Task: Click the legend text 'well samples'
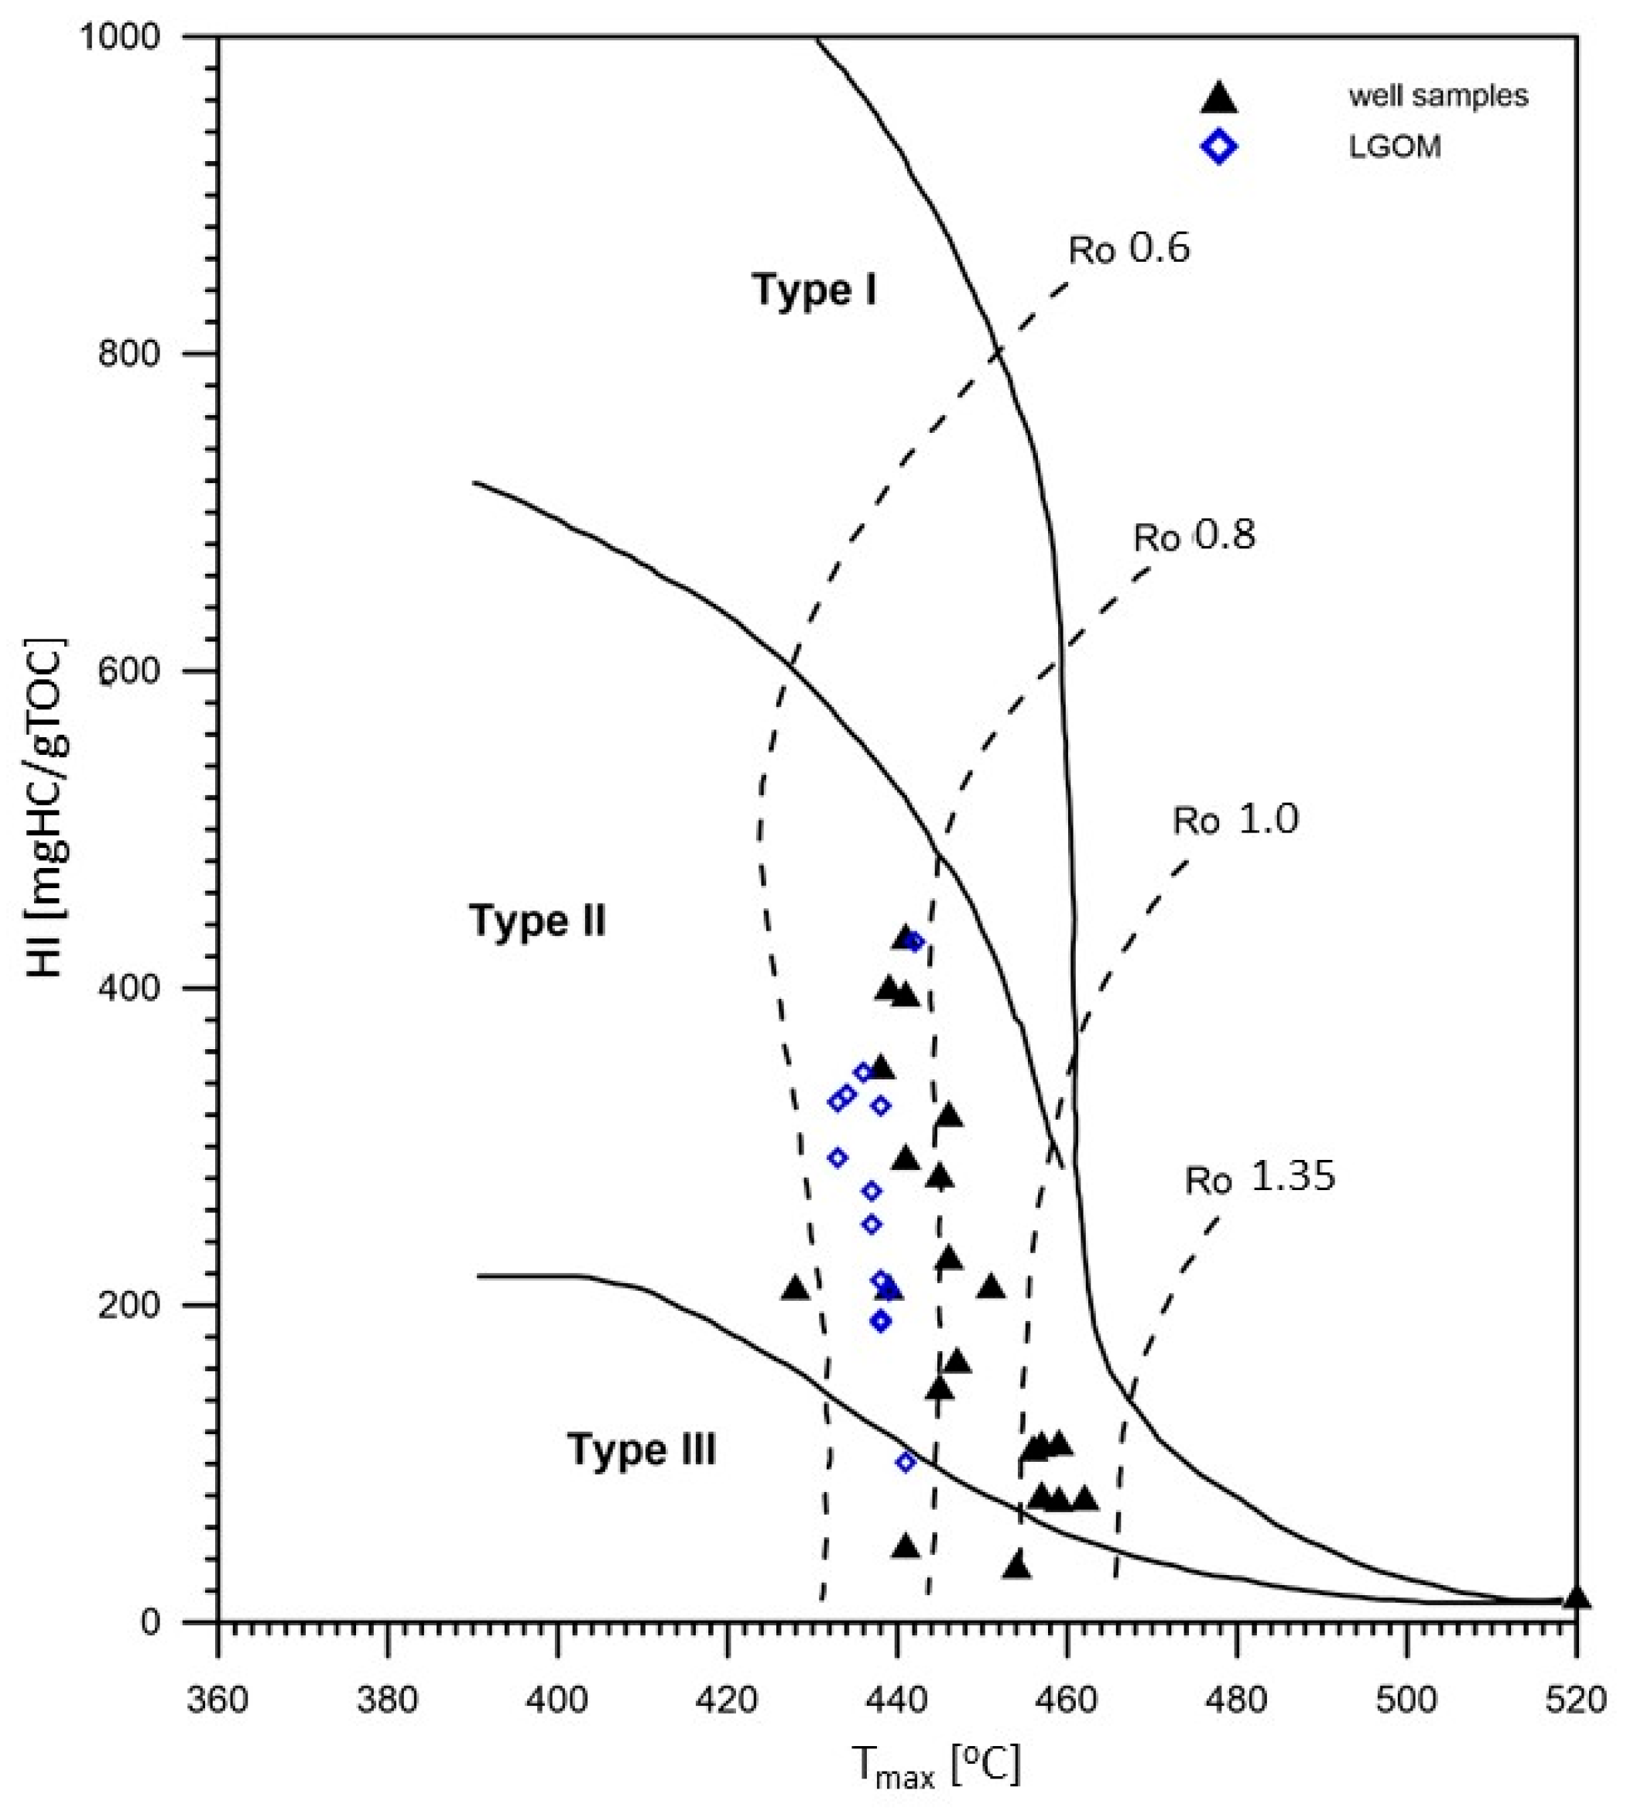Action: tap(1437, 96)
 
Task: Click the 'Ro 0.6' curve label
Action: tap(1129, 249)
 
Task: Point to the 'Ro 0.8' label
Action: tap(1194, 537)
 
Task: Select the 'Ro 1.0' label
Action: tap(1235, 820)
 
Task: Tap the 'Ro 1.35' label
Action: tap(1259, 1178)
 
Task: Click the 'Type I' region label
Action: tap(813, 290)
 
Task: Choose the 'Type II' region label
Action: tap(537, 921)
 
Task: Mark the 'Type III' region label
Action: tap(641, 1449)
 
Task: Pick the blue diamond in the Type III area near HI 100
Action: tap(906, 1462)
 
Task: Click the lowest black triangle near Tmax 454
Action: tap(1016, 1566)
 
